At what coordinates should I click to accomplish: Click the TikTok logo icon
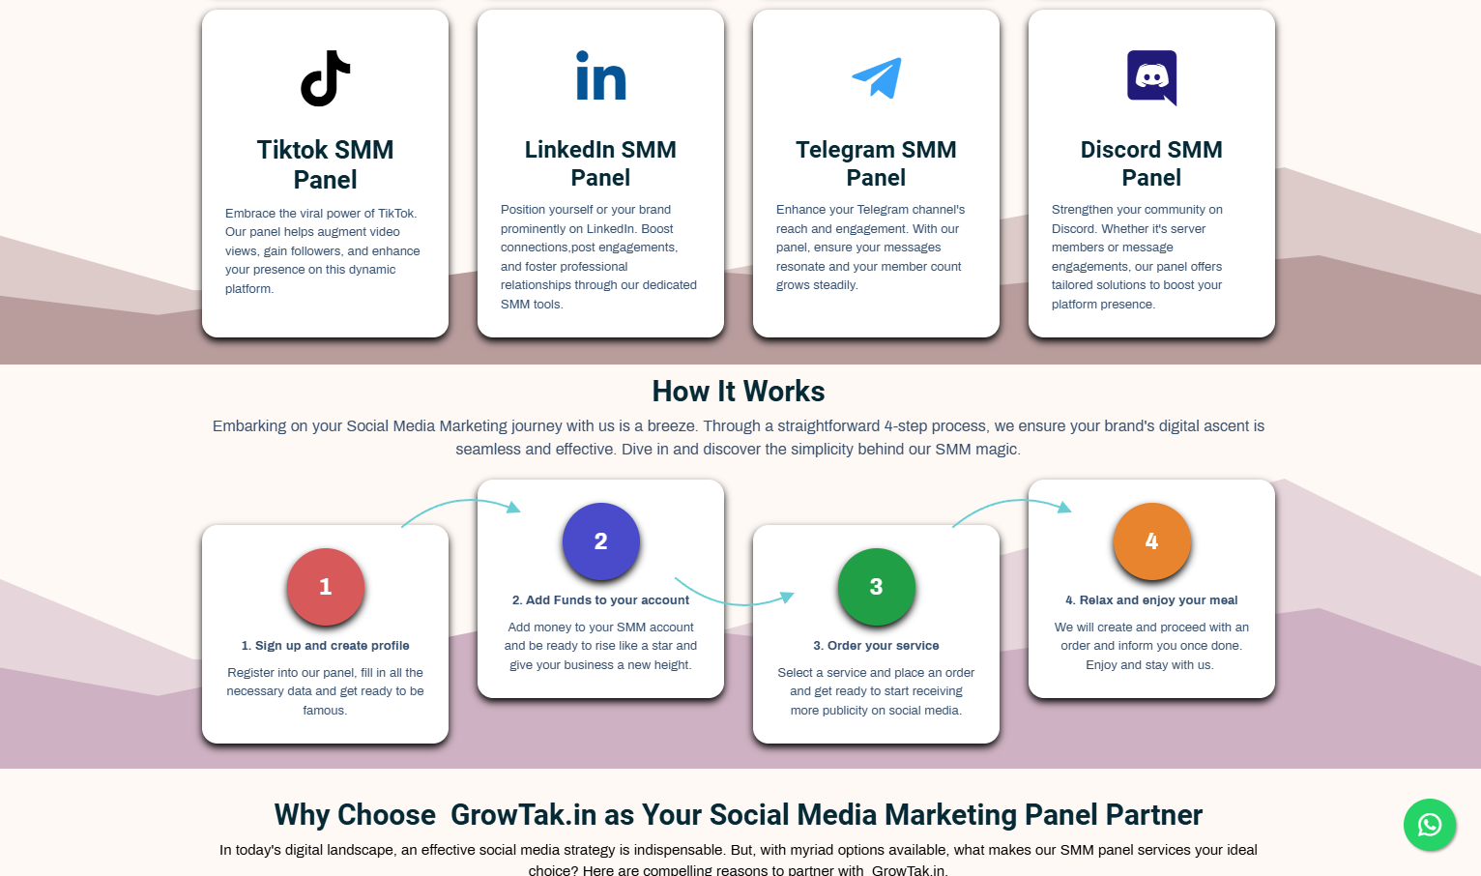click(x=325, y=78)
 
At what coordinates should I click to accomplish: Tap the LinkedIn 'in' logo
click(x=600, y=75)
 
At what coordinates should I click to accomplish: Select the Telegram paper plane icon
click(x=877, y=78)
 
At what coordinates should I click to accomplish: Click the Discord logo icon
click(x=1151, y=78)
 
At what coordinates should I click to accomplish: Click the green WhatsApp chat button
click(x=1430, y=825)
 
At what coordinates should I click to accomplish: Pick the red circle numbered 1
click(x=325, y=587)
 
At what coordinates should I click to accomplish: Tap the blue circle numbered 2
click(x=601, y=541)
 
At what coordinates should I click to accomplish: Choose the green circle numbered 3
click(x=876, y=587)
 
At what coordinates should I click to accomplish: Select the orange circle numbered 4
click(x=1151, y=541)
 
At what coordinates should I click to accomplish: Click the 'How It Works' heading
click(x=739, y=392)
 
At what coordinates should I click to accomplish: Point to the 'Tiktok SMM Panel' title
click(x=325, y=164)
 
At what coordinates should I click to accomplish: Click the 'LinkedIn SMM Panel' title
click(x=600, y=163)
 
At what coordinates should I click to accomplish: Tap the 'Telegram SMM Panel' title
click(x=876, y=163)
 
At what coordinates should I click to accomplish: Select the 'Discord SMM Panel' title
click(x=1151, y=163)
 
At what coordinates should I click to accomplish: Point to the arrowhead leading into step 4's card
click(x=1064, y=507)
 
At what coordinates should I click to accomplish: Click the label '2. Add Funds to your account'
click(x=600, y=600)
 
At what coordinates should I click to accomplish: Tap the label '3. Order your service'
click(x=876, y=646)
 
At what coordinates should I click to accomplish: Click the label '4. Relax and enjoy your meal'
click(x=1151, y=600)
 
